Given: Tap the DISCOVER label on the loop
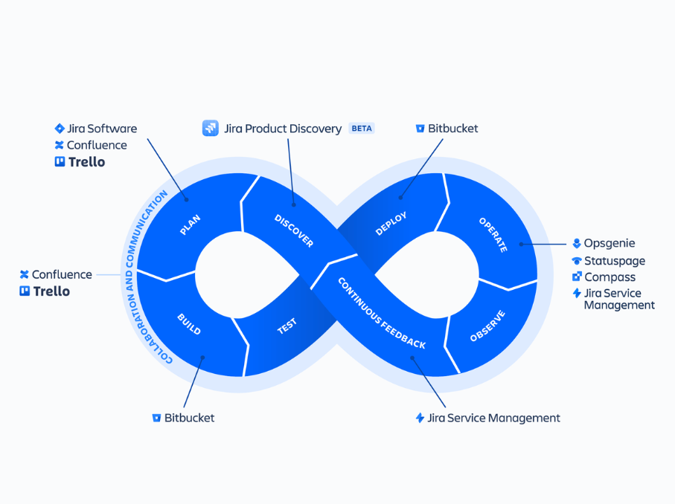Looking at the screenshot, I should pyautogui.click(x=294, y=230).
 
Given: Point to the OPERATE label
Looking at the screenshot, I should pyautogui.click(x=493, y=235).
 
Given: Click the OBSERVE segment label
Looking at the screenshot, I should pyautogui.click(x=487, y=326).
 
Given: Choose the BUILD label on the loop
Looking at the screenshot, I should pyautogui.click(x=189, y=324).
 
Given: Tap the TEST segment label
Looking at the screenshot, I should pyautogui.click(x=287, y=326).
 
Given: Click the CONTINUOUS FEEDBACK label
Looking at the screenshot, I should pyautogui.click(x=382, y=313).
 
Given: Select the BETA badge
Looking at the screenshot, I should pyautogui.click(x=362, y=129).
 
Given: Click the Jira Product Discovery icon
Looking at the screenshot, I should pyautogui.click(x=211, y=129).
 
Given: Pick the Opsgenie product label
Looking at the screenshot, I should pyautogui.click(x=609, y=244).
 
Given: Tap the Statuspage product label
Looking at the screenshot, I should pyautogui.click(x=614, y=261).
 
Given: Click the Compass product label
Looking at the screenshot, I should pyautogui.click(x=610, y=277).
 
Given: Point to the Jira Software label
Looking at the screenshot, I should pyautogui.click(x=102, y=129).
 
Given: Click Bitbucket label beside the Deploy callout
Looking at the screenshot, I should pyautogui.click(x=452, y=129).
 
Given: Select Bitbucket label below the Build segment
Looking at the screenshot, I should pyautogui.click(x=189, y=418).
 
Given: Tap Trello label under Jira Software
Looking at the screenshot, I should pyautogui.click(x=86, y=162).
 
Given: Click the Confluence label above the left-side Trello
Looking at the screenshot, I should pyautogui.click(x=62, y=275).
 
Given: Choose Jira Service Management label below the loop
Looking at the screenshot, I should pyautogui.click(x=493, y=418).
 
